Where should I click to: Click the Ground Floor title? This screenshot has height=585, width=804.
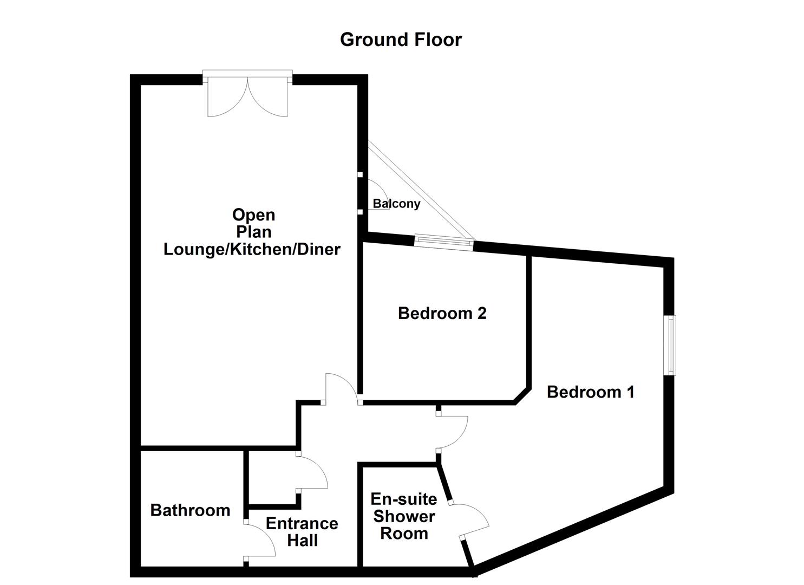[x=401, y=40]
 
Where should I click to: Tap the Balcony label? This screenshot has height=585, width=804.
[x=396, y=204]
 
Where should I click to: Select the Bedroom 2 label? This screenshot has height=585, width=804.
[x=442, y=313]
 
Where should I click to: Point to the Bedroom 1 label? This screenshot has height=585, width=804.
[x=590, y=392]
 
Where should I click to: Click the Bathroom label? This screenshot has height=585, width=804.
[x=190, y=510]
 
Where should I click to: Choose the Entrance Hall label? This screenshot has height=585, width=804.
[x=302, y=532]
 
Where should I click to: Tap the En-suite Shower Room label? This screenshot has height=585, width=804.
[x=404, y=516]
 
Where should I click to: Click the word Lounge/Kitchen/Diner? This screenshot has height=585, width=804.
[x=252, y=249]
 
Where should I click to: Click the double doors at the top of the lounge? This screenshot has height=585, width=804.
[x=248, y=96]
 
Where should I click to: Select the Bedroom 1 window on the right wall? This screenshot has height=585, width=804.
[x=671, y=345]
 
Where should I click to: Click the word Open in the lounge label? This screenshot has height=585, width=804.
[x=253, y=215]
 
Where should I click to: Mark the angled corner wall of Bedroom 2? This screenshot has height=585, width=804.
[x=521, y=395]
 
